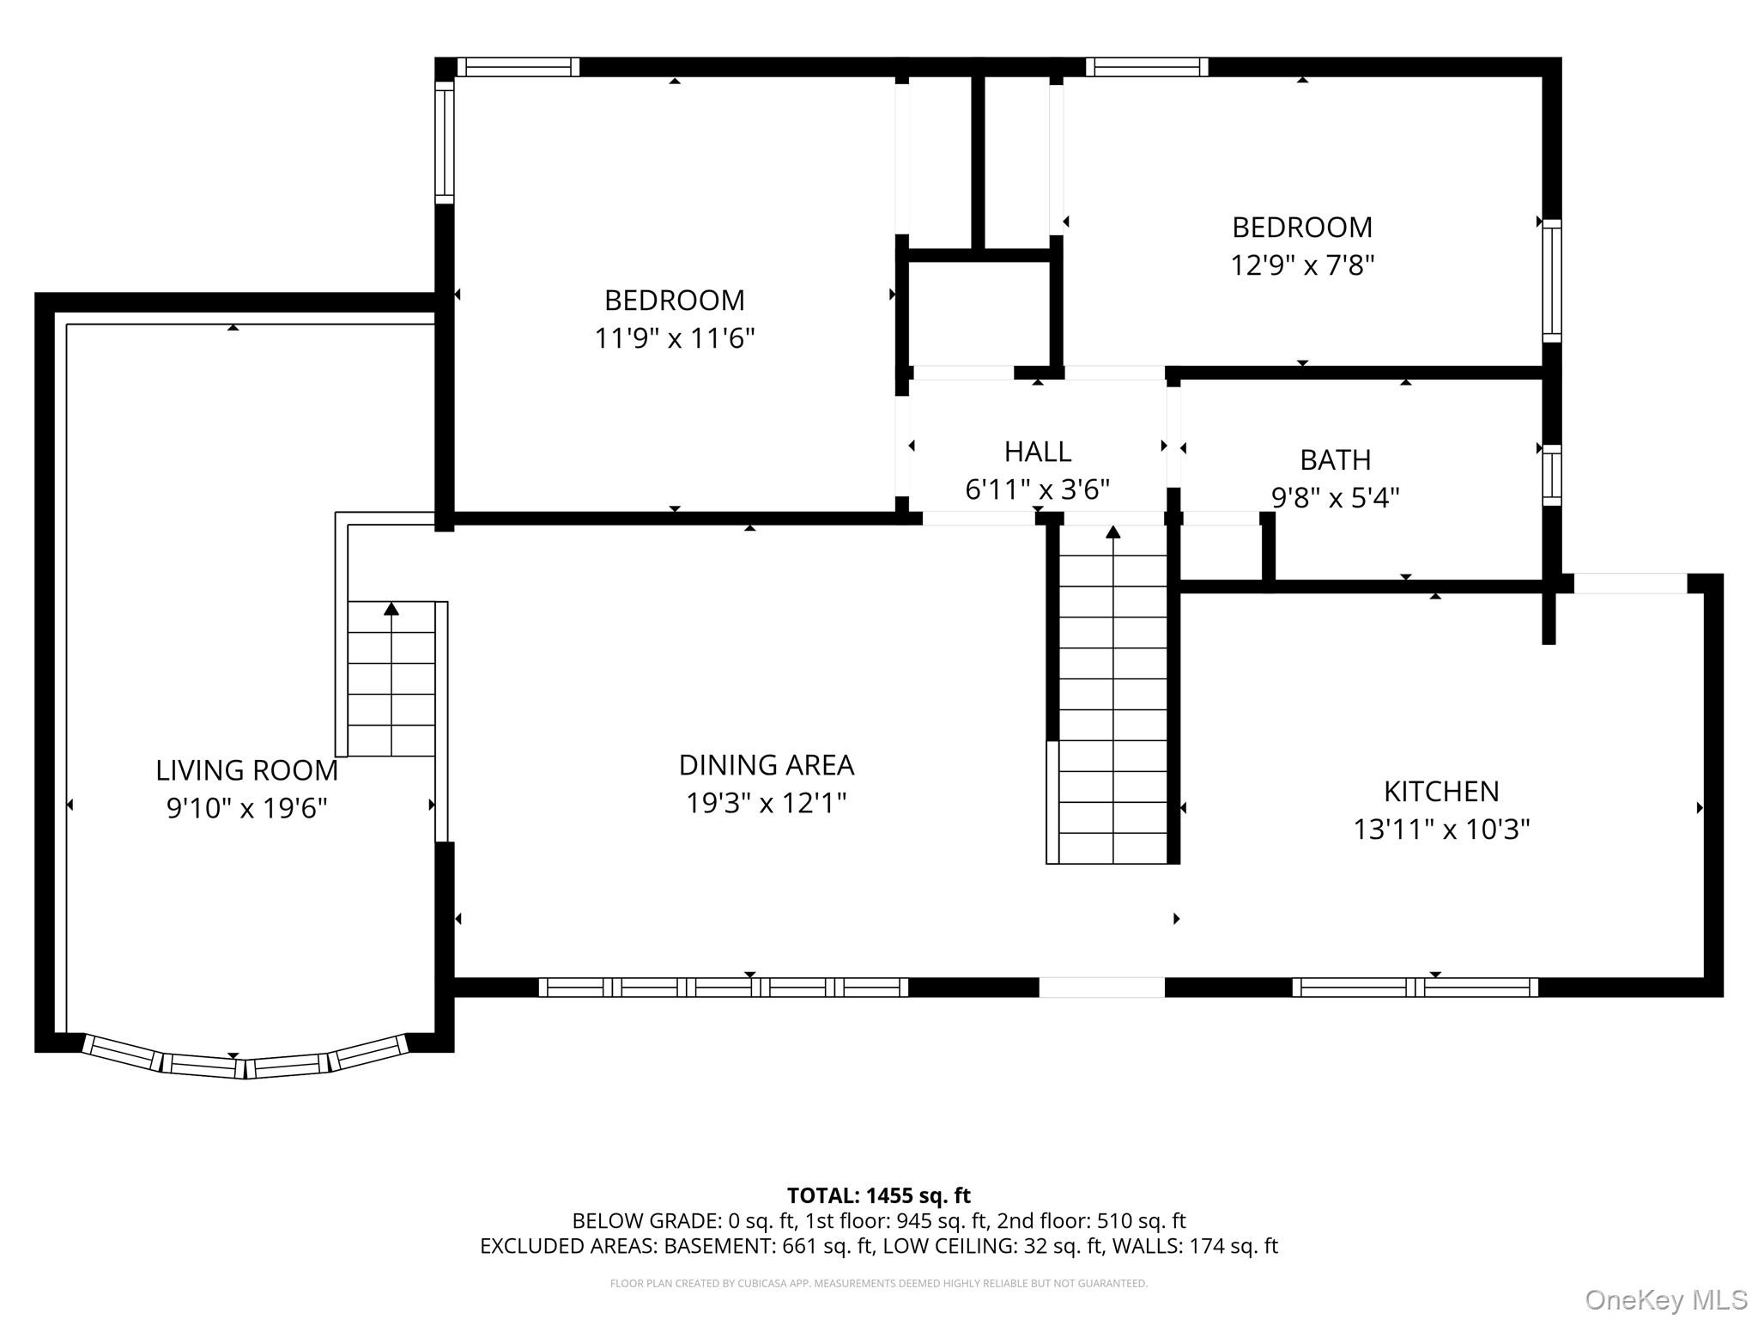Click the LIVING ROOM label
pyautogui.click(x=246, y=770)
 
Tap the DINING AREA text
pyautogui.click(x=766, y=764)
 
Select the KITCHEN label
pyautogui.click(x=1440, y=791)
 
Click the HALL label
pyautogui.click(x=1037, y=452)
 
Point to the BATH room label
pyautogui.click(x=1335, y=460)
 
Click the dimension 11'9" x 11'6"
pyautogui.click(x=674, y=338)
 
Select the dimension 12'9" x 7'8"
pyautogui.click(x=1301, y=265)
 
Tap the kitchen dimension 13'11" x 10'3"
pyautogui.click(x=1440, y=830)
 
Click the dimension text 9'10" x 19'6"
pyautogui.click(x=246, y=808)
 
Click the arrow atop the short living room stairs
pyautogui.click(x=391, y=609)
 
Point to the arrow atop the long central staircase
pyautogui.click(x=1112, y=532)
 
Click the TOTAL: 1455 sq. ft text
pyautogui.click(x=878, y=1195)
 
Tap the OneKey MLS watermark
pyautogui.click(x=1665, y=1300)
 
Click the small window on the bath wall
pyautogui.click(x=1551, y=474)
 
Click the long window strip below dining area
pyautogui.click(x=723, y=988)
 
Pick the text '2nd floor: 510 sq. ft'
pyautogui.click(x=1091, y=1220)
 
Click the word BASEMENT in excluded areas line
pyautogui.click(x=719, y=1246)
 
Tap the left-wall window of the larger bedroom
pyautogui.click(x=444, y=142)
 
